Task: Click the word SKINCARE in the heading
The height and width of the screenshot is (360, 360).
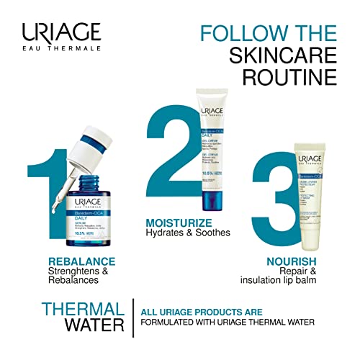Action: coord(274,55)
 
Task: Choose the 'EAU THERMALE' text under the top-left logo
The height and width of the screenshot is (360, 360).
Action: coord(60,49)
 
